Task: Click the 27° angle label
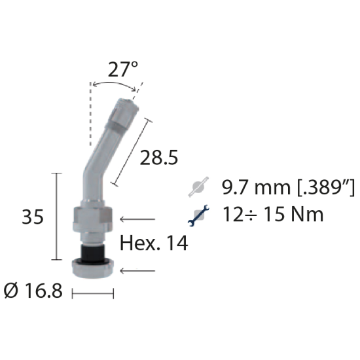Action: (123, 69)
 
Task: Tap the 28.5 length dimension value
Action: (159, 158)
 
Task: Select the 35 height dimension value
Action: (32, 217)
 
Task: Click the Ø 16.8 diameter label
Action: (33, 291)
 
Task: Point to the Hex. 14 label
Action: (154, 243)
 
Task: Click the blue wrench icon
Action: (198, 215)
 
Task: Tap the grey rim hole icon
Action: (198, 187)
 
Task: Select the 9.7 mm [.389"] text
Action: (289, 187)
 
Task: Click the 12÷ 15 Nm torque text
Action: (273, 214)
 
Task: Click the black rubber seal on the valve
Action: (92, 253)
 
